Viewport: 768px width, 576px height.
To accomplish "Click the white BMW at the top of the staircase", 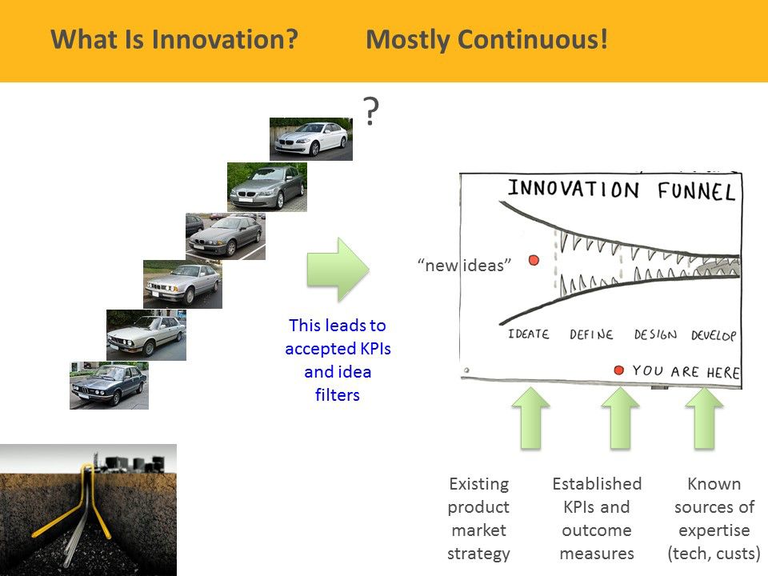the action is tap(311, 139).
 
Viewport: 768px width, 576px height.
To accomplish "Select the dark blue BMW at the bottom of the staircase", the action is tap(110, 386).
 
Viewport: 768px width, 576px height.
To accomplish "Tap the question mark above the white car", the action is tap(371, 111).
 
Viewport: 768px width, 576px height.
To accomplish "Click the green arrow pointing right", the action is tap(338, 270).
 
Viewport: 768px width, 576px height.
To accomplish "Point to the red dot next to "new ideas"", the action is tap(534, 260).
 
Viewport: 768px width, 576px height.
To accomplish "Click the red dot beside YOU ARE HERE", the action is tap(618, 370).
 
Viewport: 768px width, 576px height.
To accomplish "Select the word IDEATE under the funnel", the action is tap(529, 334).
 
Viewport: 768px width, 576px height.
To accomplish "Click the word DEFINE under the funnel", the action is tap(591, 334).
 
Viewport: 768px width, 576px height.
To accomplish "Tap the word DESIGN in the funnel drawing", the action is tap(655, 334).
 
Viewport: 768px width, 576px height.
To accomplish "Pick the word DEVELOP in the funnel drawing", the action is tap(714, 335).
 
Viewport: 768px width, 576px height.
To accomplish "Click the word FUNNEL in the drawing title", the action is tap(697, 191).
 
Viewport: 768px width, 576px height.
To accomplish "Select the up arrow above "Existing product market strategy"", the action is tap(531, 418).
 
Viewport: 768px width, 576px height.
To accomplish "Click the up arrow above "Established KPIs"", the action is tap(620, 418).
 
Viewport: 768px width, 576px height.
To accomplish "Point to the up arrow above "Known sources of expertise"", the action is tap(704, 418).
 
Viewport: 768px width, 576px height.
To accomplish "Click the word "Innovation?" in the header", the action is tap(225, 39).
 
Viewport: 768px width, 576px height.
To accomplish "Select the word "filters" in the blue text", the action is tap(338, 394).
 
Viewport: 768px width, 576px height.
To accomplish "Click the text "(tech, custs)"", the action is tap(714, 554).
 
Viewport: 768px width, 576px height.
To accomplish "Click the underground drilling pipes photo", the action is tap(88, 510).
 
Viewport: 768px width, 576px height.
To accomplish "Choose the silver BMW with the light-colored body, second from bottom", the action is tap(146, 335).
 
